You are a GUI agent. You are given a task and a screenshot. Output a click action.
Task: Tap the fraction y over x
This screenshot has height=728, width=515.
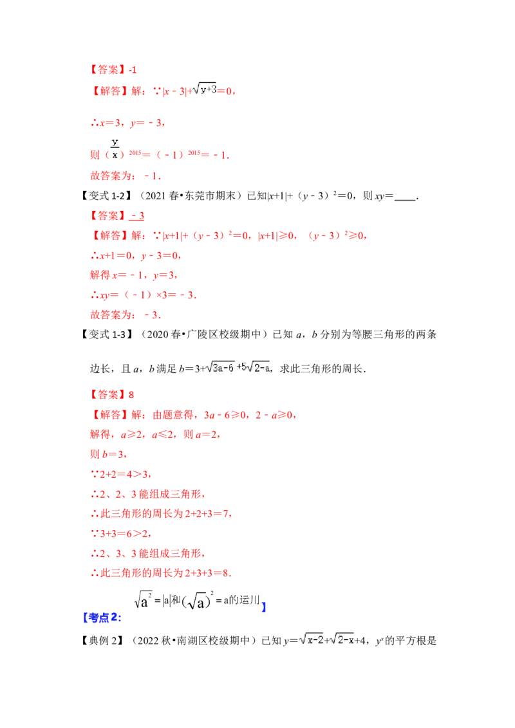(x=115, y=147)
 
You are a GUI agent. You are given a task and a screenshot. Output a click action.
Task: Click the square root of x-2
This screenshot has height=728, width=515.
(x=312, y=639)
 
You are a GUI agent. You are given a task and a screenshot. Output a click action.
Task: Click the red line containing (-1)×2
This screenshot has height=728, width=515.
(x=143, y=296)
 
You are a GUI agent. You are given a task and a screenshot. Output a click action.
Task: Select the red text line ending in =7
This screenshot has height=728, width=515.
(x=158, y=514)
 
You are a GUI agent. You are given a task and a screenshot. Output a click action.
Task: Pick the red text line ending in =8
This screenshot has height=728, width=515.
(x=158, y=572)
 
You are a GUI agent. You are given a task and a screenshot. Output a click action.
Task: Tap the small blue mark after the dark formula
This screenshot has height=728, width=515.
(x=265, y=608)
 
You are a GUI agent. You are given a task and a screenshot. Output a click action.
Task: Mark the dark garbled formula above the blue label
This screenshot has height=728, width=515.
(x=198, y=601)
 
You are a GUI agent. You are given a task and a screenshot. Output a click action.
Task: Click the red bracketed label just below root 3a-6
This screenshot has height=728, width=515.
(x=109, y=393)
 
